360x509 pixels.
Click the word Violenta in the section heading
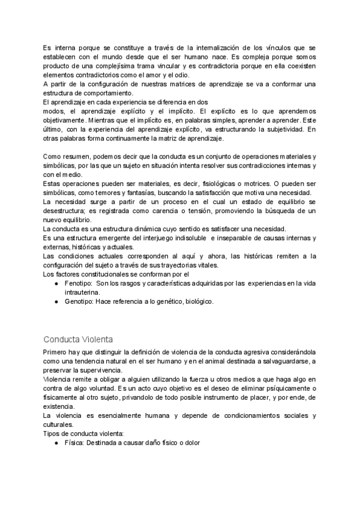click(95, 340)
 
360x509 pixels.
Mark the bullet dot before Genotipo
click(56, 301)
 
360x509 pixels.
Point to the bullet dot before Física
click(56, 442)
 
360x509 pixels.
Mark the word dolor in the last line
click(190, 442)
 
